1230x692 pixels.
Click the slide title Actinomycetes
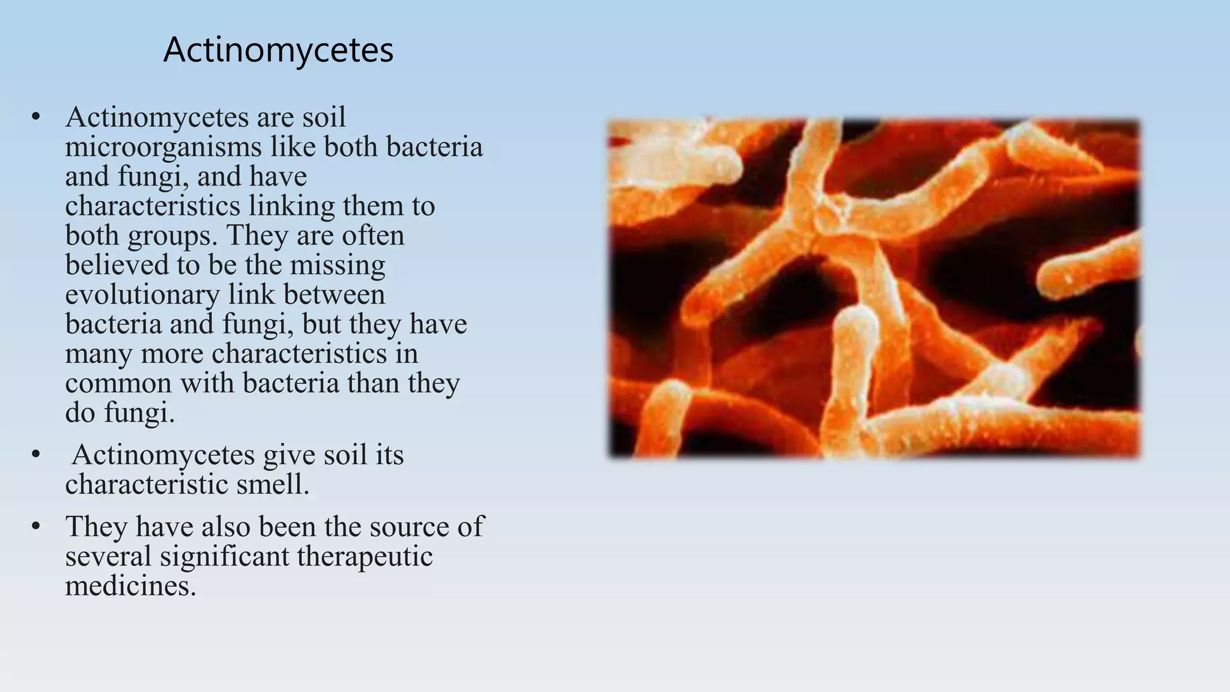[x=278, y=50]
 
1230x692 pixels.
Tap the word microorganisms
[x=163, y=147]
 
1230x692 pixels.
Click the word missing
[x=338, y=266]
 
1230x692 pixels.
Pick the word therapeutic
[x=365, y=556]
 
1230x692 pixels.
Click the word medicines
[x=130, y=586]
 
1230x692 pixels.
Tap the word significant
[x=227, y=556]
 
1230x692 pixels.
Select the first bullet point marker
[x=36, y=117]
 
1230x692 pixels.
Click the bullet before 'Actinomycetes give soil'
[x=36, y=455]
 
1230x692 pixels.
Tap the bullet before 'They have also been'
[x=36, y=527]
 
